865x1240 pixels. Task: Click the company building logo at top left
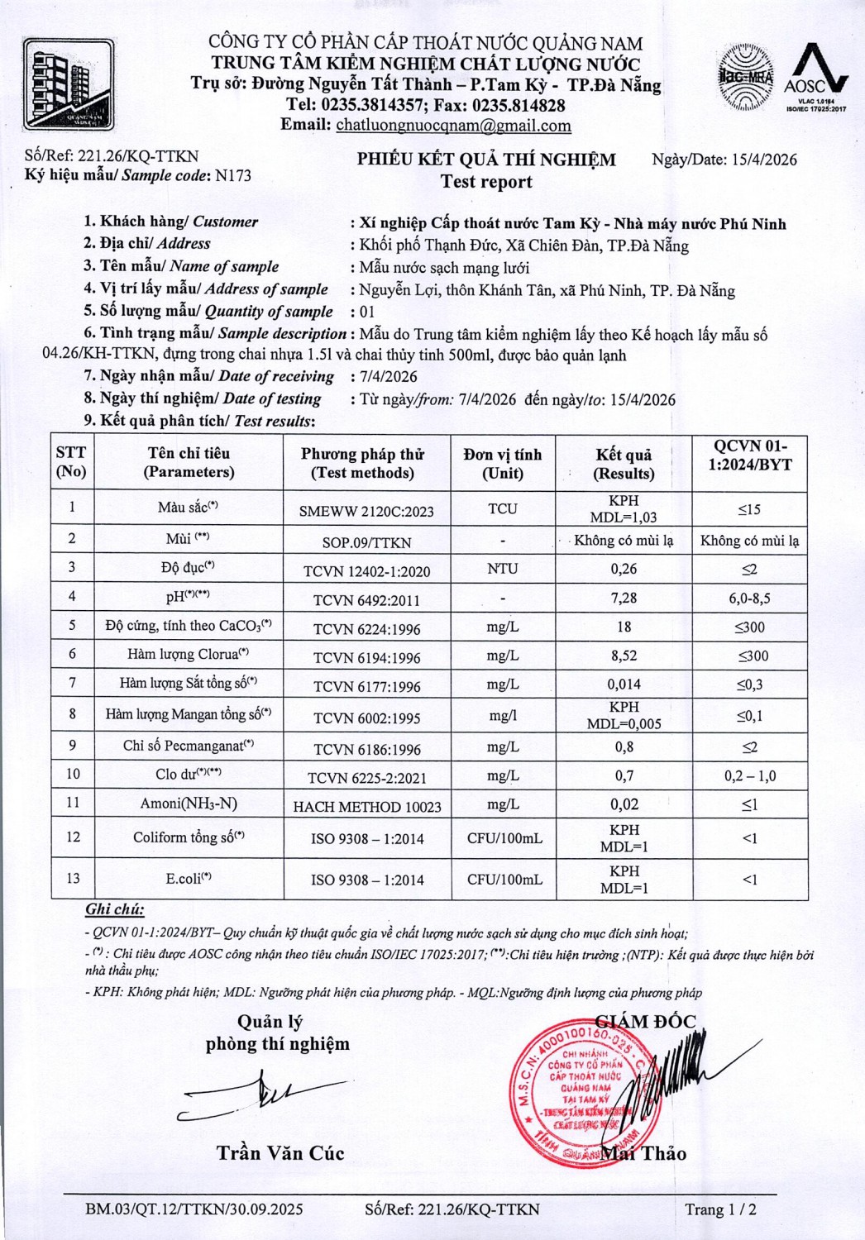[68, 84]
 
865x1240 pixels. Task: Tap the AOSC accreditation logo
[815, 77]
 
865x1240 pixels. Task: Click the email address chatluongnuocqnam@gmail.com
[453, 126]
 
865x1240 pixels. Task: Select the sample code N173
[232, 175]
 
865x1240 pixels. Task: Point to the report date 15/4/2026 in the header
[764, 160]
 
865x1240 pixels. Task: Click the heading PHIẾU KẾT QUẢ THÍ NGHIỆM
[486, 160]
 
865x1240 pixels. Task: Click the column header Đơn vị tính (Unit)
[503, 464]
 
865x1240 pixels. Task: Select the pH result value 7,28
[624, 598]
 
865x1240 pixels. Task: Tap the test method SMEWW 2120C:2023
[366, 511]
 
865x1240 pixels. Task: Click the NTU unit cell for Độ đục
[503, 569]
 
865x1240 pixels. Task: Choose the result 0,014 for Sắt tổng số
[624, 684]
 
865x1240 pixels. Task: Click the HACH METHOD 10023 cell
[367, 806]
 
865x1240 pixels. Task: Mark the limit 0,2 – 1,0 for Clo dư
[749, 775]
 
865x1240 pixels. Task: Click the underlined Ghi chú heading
[115, 909]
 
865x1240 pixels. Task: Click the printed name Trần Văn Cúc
[280, 1153]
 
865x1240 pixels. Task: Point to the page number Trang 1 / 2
[719, 1209]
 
